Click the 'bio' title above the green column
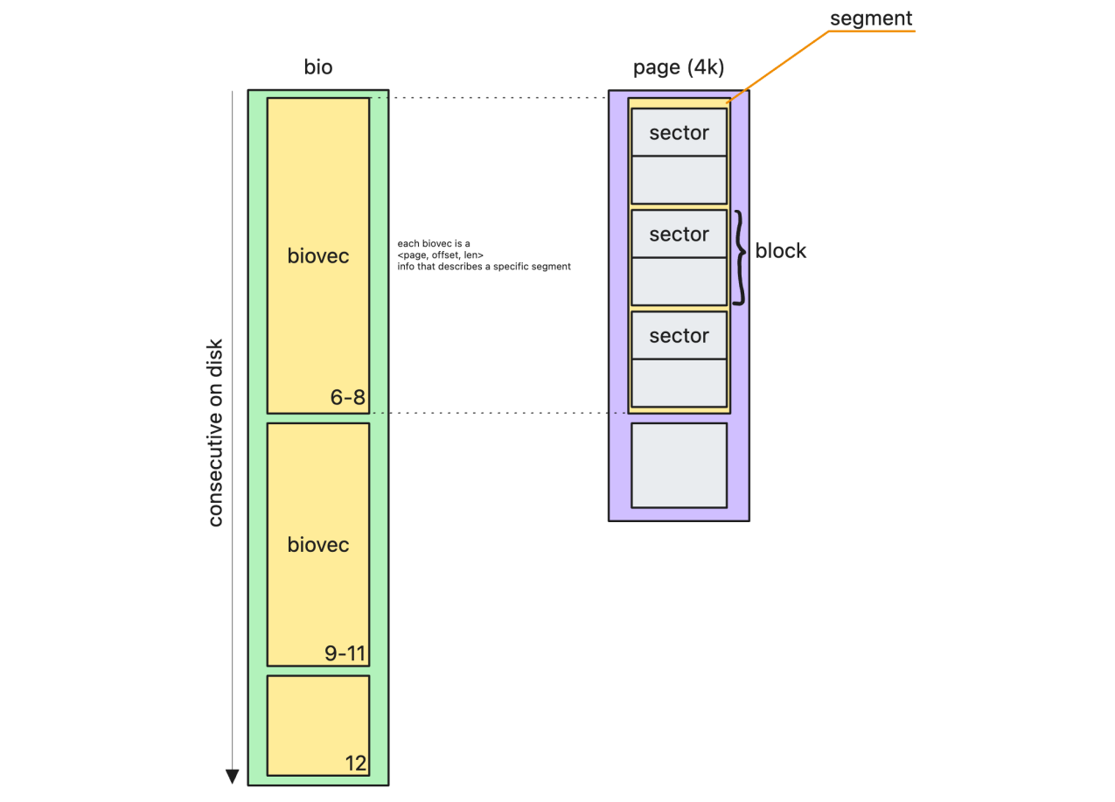pyautogui.click(x=318, y=67)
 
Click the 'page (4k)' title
pyautogui.click(x=679, y=67)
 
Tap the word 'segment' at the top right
pyautogui.click(x=871, y=17)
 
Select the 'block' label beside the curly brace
pyautogui.click(x=781, y=251)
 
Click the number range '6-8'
pyautogui.click(x=347, y=398)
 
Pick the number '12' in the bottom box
pyautogui.click(x=355, y=763)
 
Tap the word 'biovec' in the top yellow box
pyautogui.click(x=318, y=255)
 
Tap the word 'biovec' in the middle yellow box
pyautogui.click(x=318, y=545)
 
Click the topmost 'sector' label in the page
pyautogui.click(x=679, y=133)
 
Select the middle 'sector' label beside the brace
pyautogui.click(x=679, y=234)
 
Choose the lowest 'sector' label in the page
pyautogui.click(x=679, y=336)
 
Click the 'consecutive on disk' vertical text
pyautogui.click(x=215, y=433)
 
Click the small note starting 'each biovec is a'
pyautogui.click(x=484, y=255)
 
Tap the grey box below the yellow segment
pyautogui.click(x=679, y=465)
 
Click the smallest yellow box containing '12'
pyautogui.click(x=317, y=725)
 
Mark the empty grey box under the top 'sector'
pyautogui.click(x=679, y=179)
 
